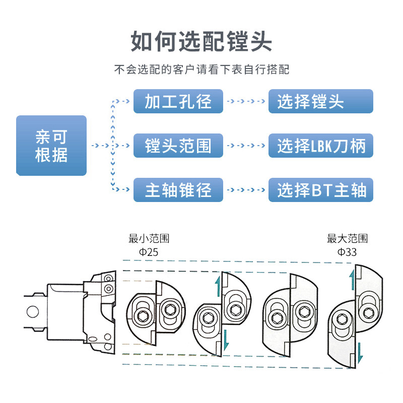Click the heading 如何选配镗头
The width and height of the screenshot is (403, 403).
point(201,41)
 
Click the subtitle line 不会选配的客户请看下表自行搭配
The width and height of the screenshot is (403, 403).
point(201,70)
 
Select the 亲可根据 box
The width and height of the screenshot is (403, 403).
point(51,146)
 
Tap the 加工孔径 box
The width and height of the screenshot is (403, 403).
point(178,101)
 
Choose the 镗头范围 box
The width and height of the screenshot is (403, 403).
point(178,146)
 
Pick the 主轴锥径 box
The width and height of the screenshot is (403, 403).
point(178,190)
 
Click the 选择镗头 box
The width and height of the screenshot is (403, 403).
point(320,101)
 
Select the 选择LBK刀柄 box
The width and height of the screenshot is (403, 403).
point(320,146)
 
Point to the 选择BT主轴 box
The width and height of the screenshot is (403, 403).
point(320,190)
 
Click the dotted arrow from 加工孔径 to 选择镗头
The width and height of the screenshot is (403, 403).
point(246,101)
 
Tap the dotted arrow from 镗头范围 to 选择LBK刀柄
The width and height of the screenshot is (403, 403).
point(246,146)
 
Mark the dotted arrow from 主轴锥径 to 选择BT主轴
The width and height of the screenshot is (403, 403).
point(246,190)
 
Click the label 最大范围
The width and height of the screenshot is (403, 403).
point(347,238)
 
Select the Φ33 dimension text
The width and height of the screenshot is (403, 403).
point(347,252)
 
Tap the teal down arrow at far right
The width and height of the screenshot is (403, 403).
point(359,352)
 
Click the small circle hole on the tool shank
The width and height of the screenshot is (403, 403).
point(33,311)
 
